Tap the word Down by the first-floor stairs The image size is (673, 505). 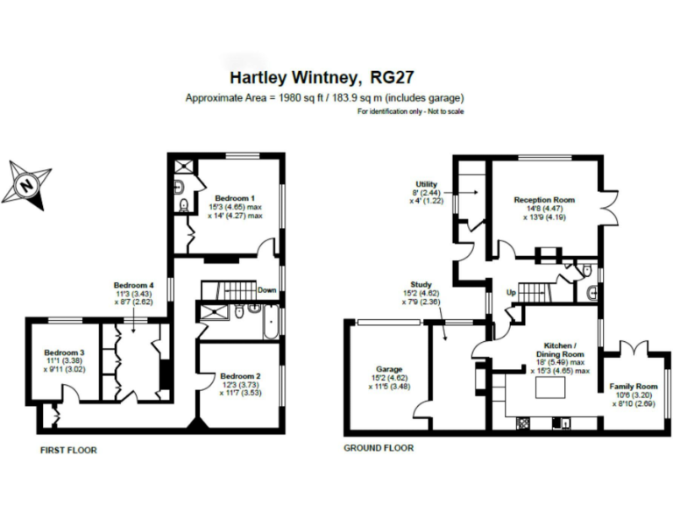click(x=267, y=290)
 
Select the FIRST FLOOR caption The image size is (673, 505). click(x=68, y=450)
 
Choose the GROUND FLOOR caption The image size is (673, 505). click(x=379, y=448)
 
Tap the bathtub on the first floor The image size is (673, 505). click(x=270, y=324)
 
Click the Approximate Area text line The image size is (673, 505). click(x=325, y=97)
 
